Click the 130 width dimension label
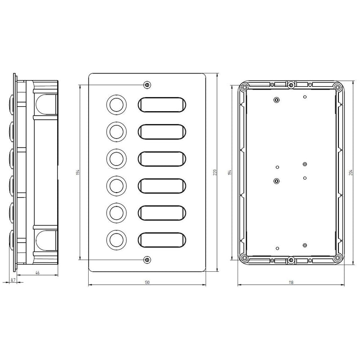[147, 282]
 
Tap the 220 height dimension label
[215, 172]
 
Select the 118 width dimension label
[291, 282]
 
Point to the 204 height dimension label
[351, 172]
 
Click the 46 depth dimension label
[37, 273]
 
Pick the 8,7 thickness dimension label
[13, 280]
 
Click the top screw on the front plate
[147, 85]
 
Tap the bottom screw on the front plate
[147, 260]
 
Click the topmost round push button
[117, 105]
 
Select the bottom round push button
[117, 240]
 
